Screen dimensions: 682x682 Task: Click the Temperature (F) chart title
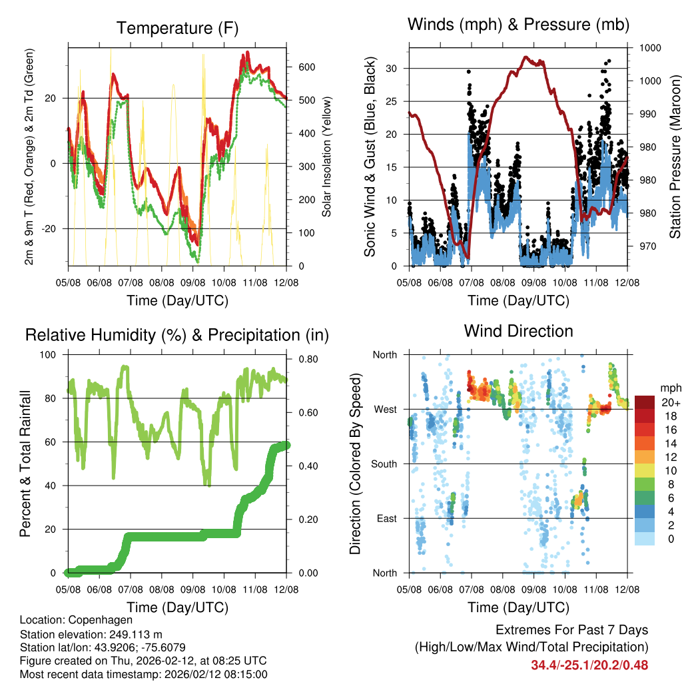coord(177,28)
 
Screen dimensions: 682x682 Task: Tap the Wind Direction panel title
coord(518,330)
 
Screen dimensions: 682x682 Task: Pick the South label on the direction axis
coord(384,464)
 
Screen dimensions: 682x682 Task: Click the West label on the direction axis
coord(385,409)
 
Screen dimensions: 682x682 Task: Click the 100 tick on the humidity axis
coord(53,355)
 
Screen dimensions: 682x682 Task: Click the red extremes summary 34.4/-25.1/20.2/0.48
coord(589,665)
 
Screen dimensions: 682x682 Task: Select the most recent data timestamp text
coord(144,674)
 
